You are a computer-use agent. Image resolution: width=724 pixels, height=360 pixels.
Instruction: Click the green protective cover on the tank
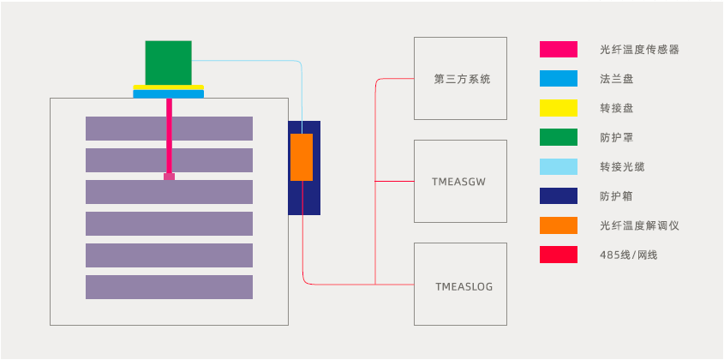click(x=168, y=63)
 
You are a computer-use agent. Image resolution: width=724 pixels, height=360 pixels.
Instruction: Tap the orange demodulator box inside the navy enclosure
click(x=302, y=157)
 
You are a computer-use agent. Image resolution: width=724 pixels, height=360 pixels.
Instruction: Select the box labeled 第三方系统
click(x=460, y=79)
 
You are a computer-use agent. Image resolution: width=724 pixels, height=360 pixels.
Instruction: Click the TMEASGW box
click(x=460, y=181)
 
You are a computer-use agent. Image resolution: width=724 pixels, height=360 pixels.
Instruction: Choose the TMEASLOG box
click(x=460, y=284)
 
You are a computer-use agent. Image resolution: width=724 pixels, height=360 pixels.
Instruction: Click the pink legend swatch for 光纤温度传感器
click(x=558, y=50)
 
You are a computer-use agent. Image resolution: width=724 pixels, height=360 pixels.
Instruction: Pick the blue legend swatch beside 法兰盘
click(x=558, y=79)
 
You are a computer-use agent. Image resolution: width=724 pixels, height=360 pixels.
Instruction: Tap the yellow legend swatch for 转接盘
click(x=558, y=108)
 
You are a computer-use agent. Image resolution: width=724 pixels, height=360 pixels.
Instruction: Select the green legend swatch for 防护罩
click(x=558, y=137)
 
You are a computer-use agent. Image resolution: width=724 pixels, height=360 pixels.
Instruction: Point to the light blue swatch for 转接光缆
click(x=558, y=166)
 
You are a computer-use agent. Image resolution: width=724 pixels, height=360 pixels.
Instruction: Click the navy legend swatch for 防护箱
click(x=558, y=196)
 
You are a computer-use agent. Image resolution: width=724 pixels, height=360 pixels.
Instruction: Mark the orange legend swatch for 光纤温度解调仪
click(x=558, y=225)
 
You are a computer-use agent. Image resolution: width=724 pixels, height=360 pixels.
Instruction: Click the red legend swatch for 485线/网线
click(x=558, y=255)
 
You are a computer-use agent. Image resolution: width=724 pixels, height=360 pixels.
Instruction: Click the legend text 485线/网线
click(x=630, y=255)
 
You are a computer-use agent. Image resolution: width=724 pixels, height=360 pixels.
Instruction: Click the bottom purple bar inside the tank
click(x=169, y=287)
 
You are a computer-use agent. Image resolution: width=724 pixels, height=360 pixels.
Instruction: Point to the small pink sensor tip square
click(x=169, y=177)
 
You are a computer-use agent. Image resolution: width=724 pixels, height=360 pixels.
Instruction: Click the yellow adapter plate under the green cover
click(x=169, y=87)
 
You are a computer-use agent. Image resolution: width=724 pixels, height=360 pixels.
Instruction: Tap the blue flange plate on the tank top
click(x=169, y=94)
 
